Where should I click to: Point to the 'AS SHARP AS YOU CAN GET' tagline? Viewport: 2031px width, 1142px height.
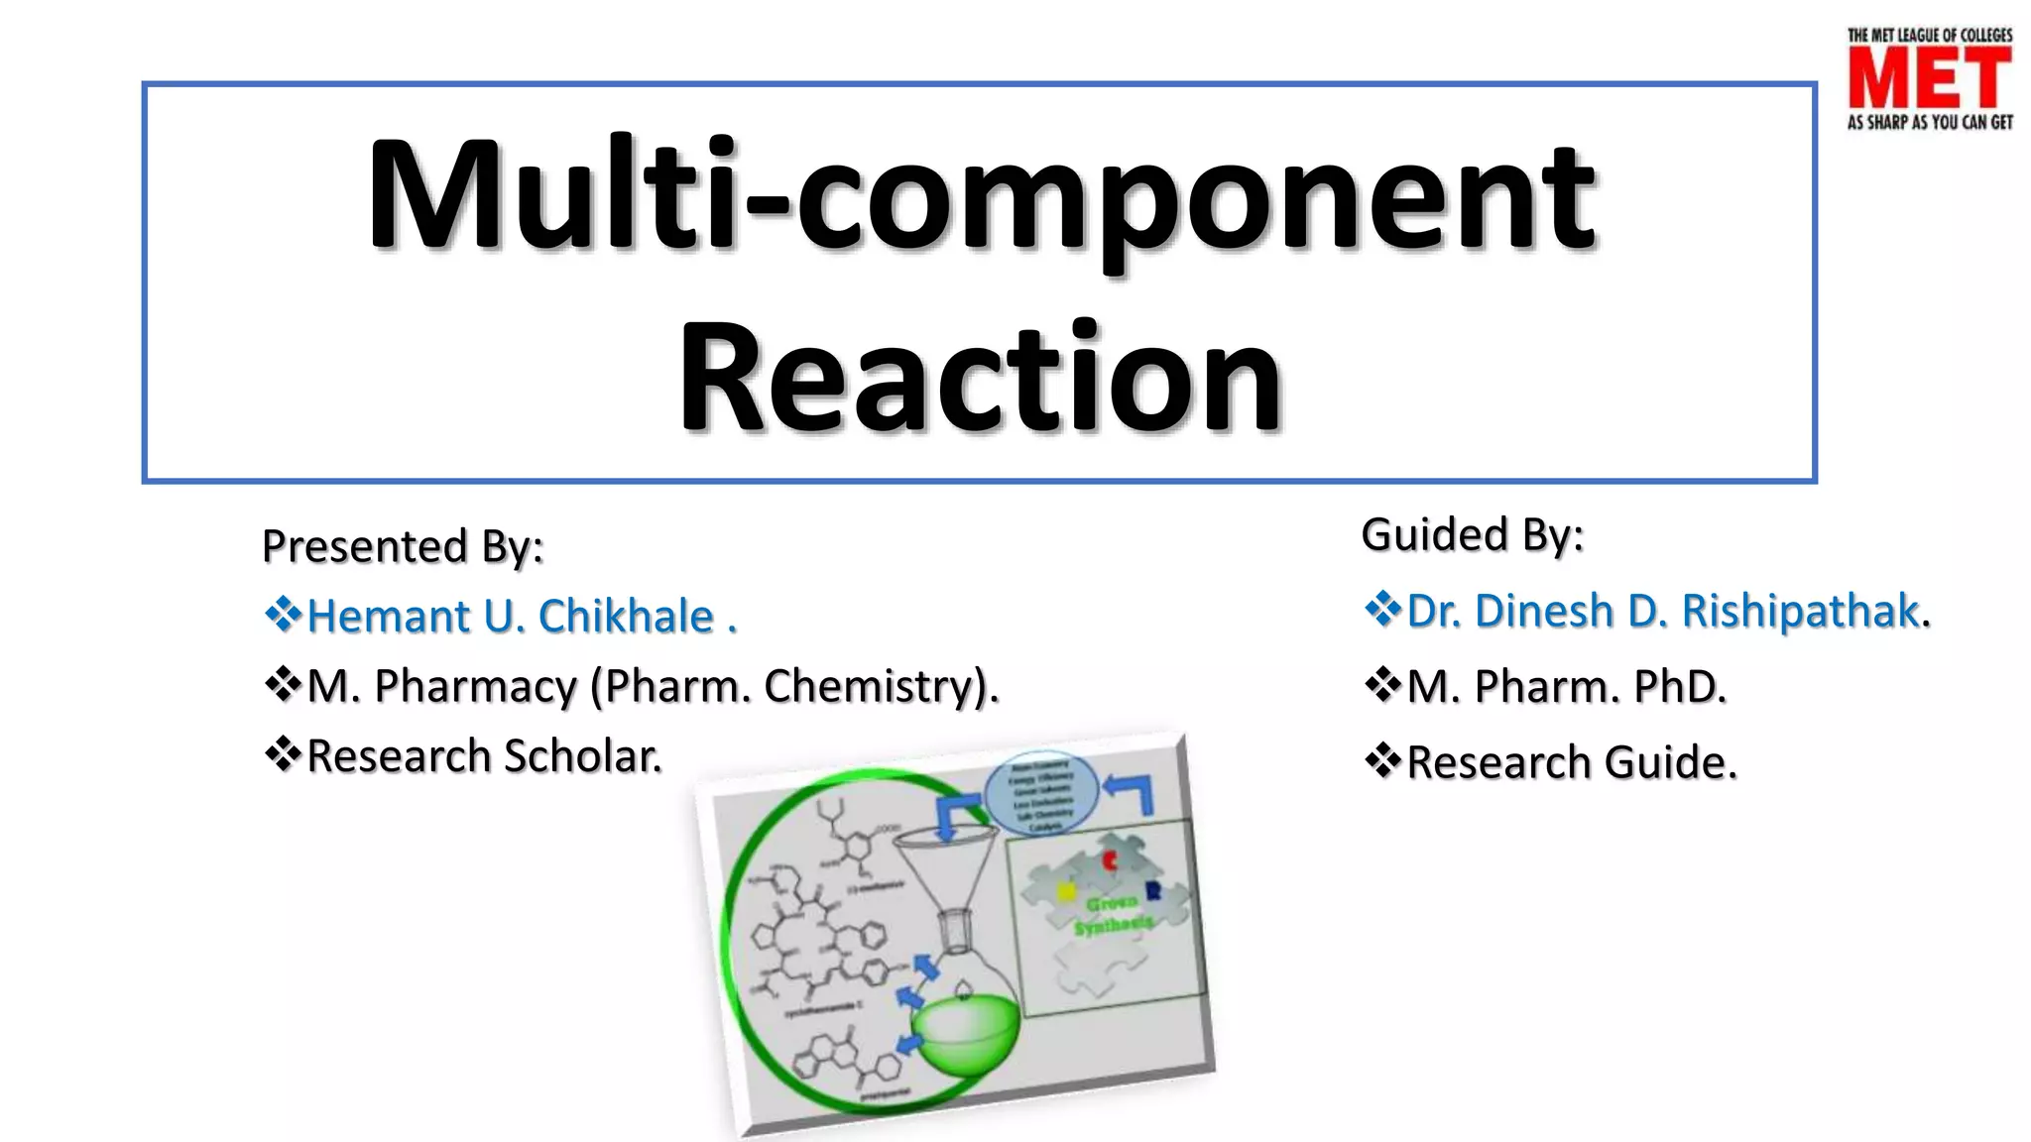(x=1929, y=123)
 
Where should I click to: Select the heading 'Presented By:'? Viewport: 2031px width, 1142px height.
(x=403, y=546)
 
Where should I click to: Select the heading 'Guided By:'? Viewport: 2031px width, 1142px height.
(x=1472, y=535)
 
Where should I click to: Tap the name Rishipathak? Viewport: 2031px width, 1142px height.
(x=1800, y=611)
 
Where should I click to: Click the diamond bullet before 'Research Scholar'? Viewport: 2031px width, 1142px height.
(x=283, y=754)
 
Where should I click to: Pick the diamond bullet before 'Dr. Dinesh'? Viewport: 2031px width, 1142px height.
(x=1382, y=609)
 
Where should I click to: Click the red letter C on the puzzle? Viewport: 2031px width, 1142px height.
(x=1111, y=860)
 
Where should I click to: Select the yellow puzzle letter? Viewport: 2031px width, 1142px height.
(x=1066, y=892)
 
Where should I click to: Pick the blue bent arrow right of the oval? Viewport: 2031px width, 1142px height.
(x=1133, y=793)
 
